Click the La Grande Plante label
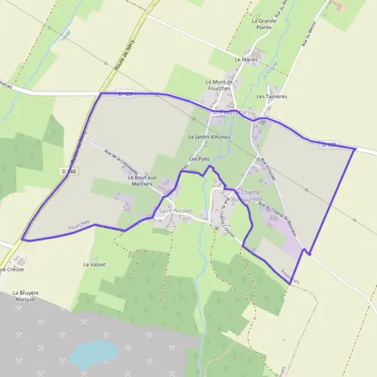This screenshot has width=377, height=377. coord(264,24)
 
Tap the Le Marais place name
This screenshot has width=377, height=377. coord(246,59)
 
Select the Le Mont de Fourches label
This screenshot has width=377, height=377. coord(220,85)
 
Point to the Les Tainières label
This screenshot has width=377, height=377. coord(271,96)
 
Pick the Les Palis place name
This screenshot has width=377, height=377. coord(199,159)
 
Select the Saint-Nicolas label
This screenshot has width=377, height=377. coord(175,210)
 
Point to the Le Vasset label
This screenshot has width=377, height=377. coord(94,265)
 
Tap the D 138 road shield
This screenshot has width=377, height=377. coord(329,145)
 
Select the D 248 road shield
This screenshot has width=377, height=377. coord(68,171)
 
